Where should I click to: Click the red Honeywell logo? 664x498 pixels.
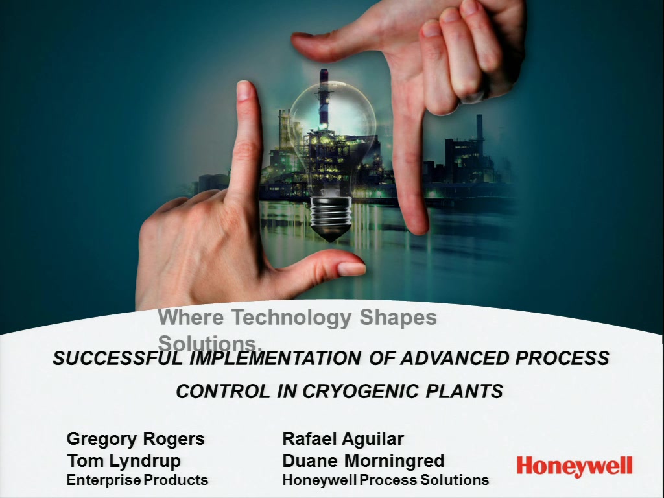[x=575, y=467]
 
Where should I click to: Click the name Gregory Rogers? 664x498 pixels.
[x=136, y=439]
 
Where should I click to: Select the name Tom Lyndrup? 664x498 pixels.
[x=124, y=461]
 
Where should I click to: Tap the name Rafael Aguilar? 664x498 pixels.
[x=343, y=439]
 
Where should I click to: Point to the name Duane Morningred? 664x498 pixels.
[x=363, y=461]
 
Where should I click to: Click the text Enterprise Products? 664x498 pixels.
[x=137, y=480]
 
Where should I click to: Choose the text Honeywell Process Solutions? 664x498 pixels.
[x=386, y=480]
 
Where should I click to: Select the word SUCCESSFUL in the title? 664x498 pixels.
[x=118, y=358]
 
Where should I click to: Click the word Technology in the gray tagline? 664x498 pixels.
[x=292, y=318]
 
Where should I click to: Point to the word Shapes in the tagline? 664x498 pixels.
[x=398, y=318]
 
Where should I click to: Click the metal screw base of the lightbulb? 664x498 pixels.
[x=330, y=218]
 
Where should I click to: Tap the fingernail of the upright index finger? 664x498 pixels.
[x=244, y=91]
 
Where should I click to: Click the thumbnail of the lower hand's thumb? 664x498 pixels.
[x=351, y=268]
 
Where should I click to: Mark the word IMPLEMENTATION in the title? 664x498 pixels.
[x=276, y=358]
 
